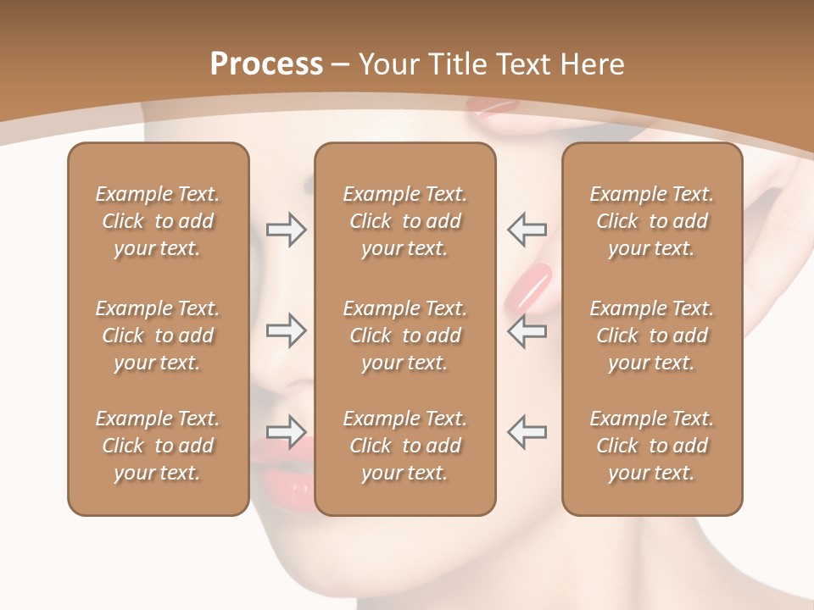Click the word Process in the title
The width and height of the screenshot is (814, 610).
266,64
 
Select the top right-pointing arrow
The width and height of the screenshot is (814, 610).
286,230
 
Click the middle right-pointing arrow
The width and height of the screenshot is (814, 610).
286,330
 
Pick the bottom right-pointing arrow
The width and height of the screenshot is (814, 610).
286,432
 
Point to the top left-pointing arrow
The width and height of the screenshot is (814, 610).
527,229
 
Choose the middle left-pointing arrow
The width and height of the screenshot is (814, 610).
527,330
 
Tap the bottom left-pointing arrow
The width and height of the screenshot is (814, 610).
527,431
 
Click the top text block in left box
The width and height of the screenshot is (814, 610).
158,221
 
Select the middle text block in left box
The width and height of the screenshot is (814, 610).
158,335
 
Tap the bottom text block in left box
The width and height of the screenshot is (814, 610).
158,446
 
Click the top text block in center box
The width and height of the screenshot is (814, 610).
405,221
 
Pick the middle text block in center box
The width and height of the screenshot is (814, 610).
405,335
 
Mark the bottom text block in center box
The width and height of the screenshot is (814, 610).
405,446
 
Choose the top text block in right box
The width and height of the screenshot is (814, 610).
652,221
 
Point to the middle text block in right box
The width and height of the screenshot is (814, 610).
652,335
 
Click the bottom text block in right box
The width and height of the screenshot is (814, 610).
652,446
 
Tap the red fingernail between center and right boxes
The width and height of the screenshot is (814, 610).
529,286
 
